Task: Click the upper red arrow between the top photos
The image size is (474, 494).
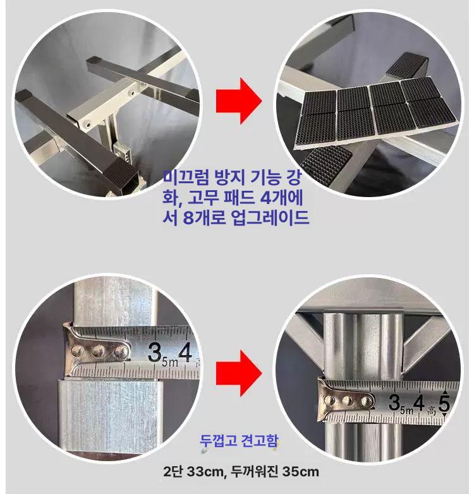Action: [x=238, y=100]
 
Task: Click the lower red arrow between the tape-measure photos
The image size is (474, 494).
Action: [x=238, y=373]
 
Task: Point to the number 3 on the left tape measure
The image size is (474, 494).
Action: [x=155, y=352]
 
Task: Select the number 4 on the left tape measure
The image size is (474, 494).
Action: [x=185, y=352]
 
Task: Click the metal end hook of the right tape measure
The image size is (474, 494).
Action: [x=345, y=401]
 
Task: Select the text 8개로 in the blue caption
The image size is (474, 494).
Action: [x=204, y=218]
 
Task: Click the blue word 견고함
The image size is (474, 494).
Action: [x=259, y=441]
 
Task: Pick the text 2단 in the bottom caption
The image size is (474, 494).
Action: [x=173, y=472]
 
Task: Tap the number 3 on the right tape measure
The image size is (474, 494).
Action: [x=394, y=402]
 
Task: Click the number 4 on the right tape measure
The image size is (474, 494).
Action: [x=419, y=402]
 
